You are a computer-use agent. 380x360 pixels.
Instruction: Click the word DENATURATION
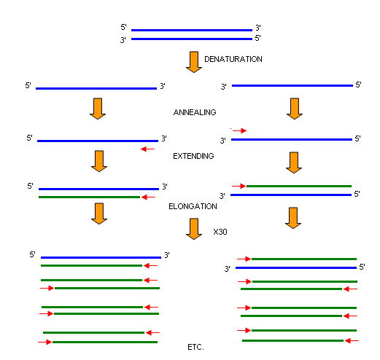click(x=233, y=59)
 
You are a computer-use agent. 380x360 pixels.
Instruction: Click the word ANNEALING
click(x=195, y=112)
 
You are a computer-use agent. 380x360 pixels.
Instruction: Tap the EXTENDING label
click(x=193, y=156)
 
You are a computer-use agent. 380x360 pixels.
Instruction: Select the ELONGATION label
click(x=193, y=206)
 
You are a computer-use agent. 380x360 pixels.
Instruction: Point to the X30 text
click(x=220, y=232)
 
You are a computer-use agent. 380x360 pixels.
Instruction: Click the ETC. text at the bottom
click(x=195, y=347)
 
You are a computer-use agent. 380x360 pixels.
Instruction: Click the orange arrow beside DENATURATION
click(x=194, y=62)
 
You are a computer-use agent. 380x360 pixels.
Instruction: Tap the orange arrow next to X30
click(x=194, y=229)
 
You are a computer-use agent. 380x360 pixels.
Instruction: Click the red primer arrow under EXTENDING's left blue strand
click(x=147, y=149)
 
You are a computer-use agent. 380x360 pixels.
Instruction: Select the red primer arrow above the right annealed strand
click(x=239, y=130)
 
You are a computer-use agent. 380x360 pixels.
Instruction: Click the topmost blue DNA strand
click(x=192, y=31)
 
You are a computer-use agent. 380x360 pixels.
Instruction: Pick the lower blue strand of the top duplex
click(x=192, y=39)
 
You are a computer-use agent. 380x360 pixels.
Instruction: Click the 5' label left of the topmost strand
click(x=123, y=27)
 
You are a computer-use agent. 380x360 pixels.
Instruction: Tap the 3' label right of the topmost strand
click(x=258, y=28)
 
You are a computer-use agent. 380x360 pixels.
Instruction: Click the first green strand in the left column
click(x=89, y=197)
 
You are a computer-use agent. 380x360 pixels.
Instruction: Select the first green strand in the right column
click(x=299, y=186)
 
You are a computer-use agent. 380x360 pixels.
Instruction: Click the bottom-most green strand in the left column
click(x=105, y=342)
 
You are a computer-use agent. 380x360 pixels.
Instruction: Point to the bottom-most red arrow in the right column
click(x=352, y=341)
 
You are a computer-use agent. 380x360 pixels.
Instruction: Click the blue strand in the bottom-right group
click(x=296, y=267)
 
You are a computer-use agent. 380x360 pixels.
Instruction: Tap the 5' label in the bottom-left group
click(x=32, y=254)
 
